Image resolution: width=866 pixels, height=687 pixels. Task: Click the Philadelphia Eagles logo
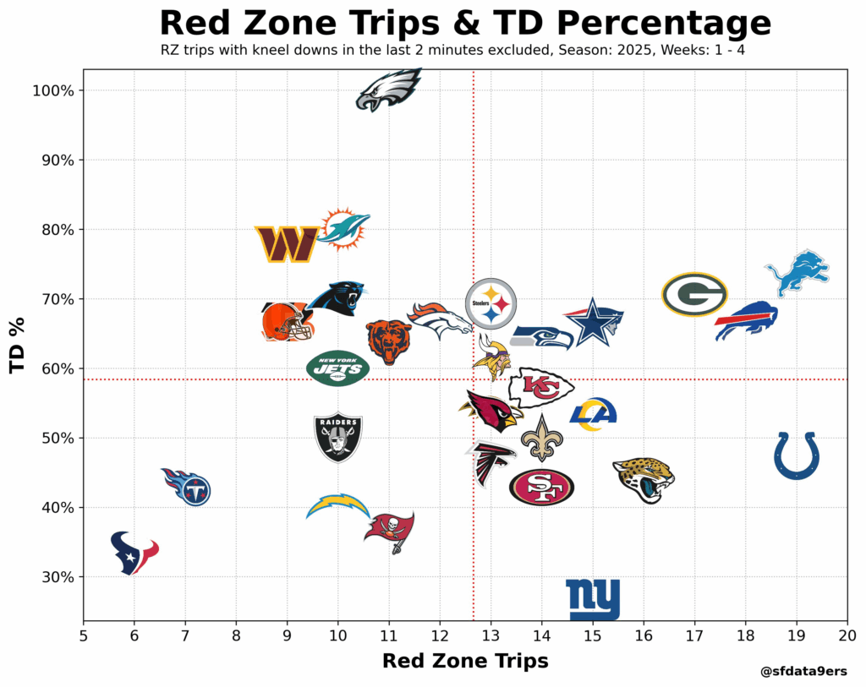coord(389,90)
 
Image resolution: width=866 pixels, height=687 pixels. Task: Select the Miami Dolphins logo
coord(343,229)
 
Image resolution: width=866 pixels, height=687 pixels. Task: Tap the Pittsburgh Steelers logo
coord(491,303)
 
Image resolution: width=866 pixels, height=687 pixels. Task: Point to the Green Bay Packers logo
coord(694,294)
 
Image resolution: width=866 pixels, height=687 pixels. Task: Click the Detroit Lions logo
coord(797,271)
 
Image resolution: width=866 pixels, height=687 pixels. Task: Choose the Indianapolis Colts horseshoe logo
coord(797,455)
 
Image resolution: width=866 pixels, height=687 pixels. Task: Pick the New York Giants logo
coord(593,599)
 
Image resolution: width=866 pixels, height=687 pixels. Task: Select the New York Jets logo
coord(338,368)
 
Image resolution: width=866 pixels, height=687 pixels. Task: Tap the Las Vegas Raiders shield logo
coord(338,436)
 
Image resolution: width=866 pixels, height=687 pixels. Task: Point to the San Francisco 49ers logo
coord(541,487)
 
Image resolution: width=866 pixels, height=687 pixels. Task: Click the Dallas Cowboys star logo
coord(594,322)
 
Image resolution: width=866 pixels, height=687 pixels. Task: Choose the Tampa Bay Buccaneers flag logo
coord(390,531)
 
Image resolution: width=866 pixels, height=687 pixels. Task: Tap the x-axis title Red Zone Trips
coord(465,661)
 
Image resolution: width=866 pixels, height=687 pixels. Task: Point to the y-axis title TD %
coord(17,345)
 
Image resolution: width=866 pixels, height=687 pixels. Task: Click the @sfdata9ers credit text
coord(803,672)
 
